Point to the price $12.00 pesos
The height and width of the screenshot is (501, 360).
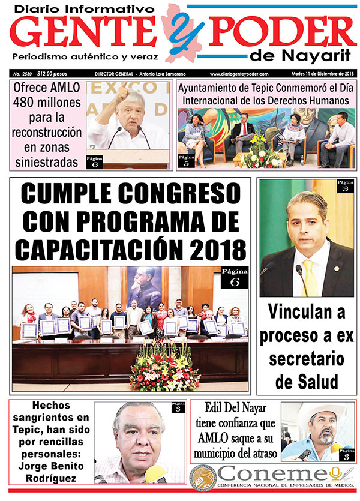pos(52,74)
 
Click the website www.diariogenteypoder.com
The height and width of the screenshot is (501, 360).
pos(239,74)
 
